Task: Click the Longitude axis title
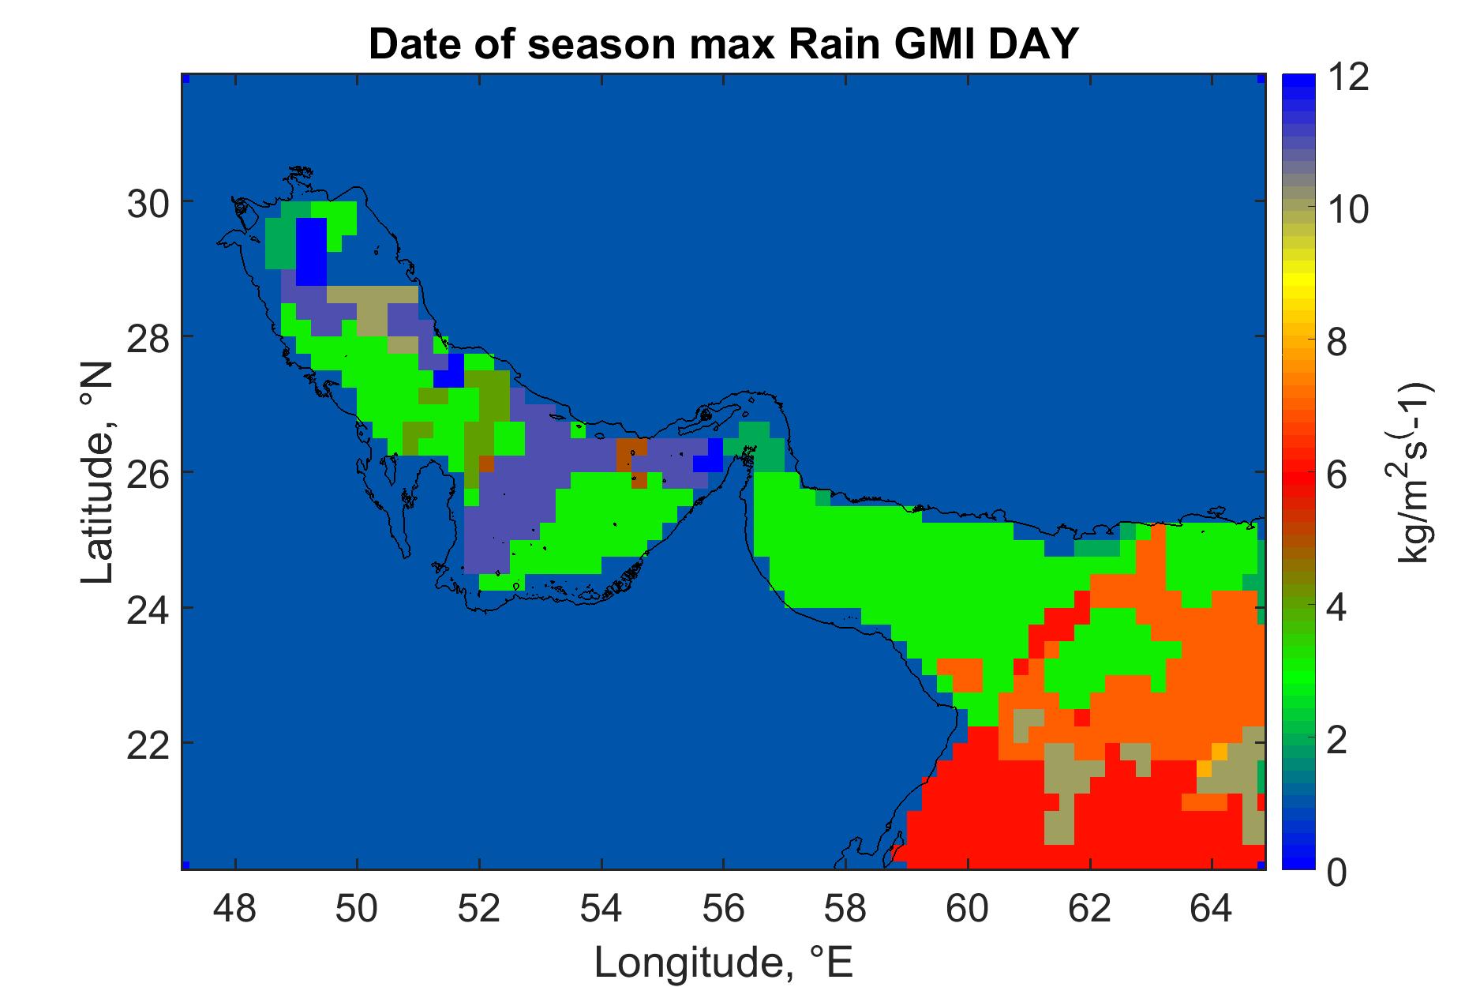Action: [723, 962]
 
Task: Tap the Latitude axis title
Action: [98, 474]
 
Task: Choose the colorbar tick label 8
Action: [1338, 343]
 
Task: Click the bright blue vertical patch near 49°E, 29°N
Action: [312, 251]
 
